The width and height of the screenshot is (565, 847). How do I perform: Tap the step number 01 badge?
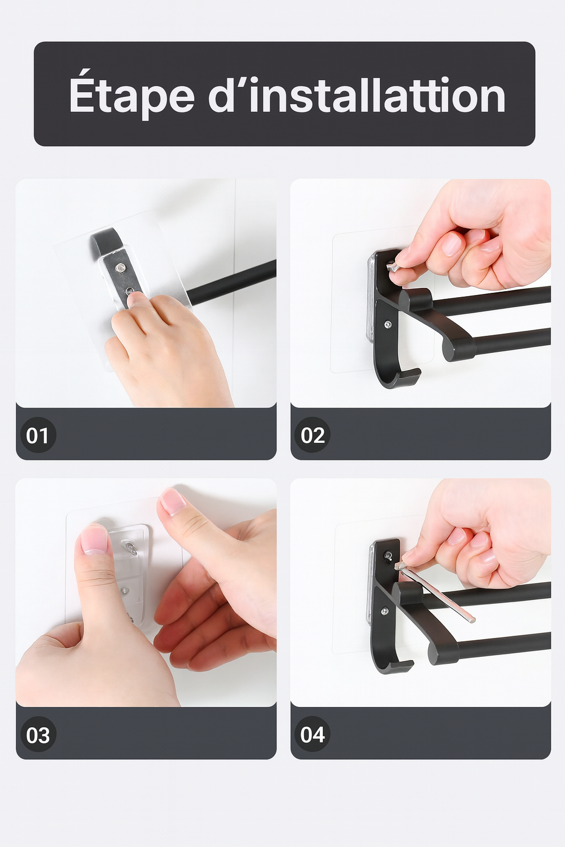tap(38, 435)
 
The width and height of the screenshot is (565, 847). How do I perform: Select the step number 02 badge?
tap(313, 435)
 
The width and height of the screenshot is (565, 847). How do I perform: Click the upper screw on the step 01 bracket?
tap(120, 267)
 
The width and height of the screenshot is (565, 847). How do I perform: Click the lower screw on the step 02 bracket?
tap(387, 324)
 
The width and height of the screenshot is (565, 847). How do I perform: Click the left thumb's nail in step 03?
tap(94, 540)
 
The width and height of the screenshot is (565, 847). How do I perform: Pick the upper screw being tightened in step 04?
tap(388, 555)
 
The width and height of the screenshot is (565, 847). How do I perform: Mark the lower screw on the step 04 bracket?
tap(385, 610)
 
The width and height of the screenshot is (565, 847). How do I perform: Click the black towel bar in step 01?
tap(231, 280)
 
